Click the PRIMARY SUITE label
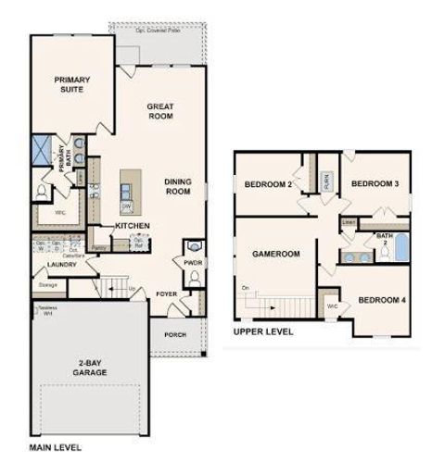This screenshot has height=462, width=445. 70,84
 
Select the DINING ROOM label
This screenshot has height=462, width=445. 177,187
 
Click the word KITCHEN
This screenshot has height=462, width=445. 133,226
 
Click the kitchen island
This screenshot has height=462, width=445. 126,192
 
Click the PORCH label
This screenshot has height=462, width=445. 175,335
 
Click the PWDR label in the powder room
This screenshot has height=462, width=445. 192,261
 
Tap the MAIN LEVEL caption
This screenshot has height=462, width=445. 53,448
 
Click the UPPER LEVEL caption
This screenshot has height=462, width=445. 264,331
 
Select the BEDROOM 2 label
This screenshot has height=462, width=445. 268,184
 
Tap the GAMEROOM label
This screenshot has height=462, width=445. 276,253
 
